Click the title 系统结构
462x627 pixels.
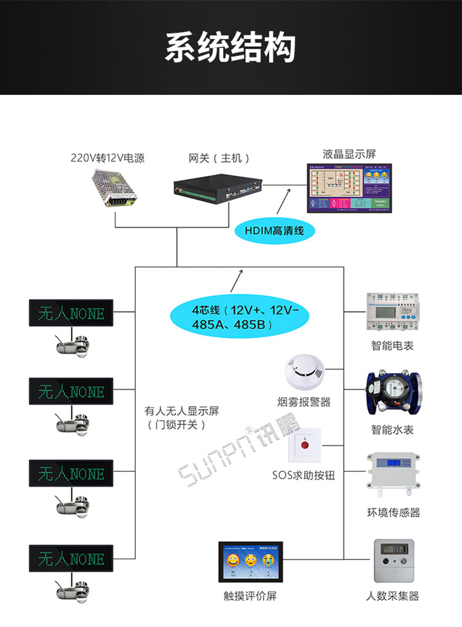click(x=230, y=47)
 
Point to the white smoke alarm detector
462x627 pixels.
click(x=304, y=372)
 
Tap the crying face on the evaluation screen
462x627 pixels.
click(x=269, y=560)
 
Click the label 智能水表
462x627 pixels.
click(x=392, y=429)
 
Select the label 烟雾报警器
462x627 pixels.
click(x=304, y=402)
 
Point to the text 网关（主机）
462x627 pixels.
click(x=219, y=158)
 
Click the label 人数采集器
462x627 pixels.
click(x=392, y=596)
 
